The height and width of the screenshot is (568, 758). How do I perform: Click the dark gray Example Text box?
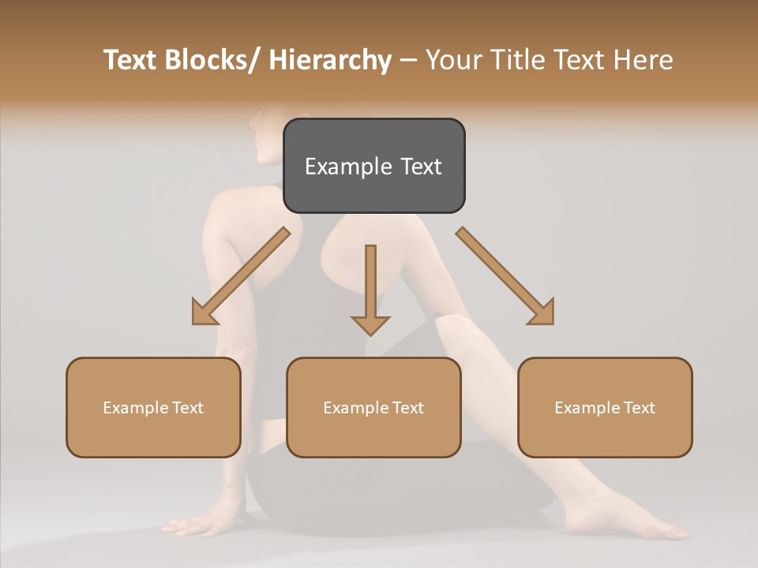[373, 166]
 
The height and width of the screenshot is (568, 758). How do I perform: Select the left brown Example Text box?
[153, 407]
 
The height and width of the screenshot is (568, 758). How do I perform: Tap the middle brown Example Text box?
[373, 407]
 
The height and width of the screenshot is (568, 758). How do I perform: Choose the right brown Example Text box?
[605, 407]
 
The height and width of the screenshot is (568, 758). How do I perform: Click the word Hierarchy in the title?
[330, 61]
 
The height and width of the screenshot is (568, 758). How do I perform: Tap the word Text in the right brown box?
[638, 408]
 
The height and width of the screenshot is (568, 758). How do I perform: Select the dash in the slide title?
[408, 61]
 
